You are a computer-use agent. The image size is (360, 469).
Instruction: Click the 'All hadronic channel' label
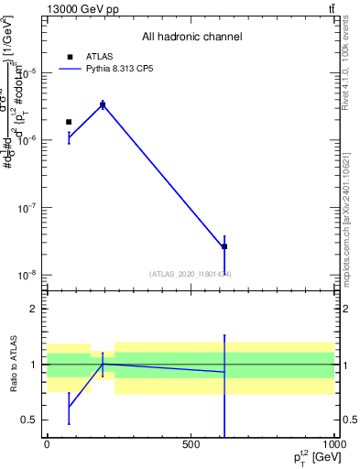pyautogui.click(x=191, y=37)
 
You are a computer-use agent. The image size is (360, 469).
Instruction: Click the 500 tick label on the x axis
pyautogui.click(x=191, y=444)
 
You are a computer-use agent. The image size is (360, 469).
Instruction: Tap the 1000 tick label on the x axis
pyautogui.click(x=333, y=444)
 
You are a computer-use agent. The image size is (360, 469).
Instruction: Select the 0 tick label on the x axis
pyautogui.click(x=47, y=444)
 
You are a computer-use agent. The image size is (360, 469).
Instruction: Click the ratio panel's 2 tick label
pyautogui.click(x=34, y=309)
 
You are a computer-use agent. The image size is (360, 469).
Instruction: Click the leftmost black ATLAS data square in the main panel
pyautogui.click(x=69, y=122)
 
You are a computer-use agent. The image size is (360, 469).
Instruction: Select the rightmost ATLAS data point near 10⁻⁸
pyautogui.click(x=224, y=246)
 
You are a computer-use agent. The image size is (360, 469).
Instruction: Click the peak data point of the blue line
pyautogui.click(x=103, y=105)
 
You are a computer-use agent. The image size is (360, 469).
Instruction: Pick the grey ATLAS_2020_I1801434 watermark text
pyautogui.click(x=191, y=274)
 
